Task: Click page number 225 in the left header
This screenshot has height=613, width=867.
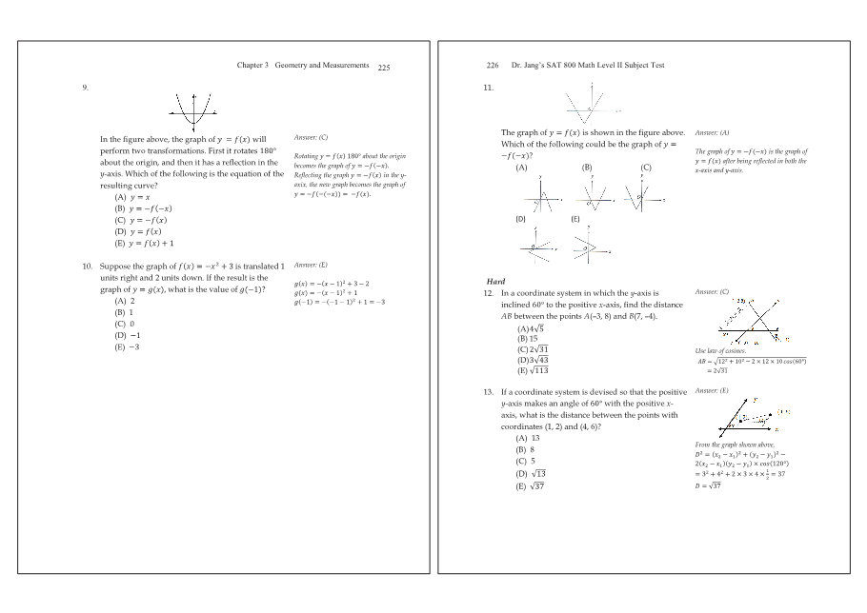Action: click(384, 68)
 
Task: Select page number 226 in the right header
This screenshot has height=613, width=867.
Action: click(493, 66)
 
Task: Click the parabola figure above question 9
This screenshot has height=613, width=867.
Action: click(194, 109)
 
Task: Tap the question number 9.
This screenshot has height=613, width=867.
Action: click(86, 87)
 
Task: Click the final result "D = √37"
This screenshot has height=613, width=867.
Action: click(709, 486)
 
